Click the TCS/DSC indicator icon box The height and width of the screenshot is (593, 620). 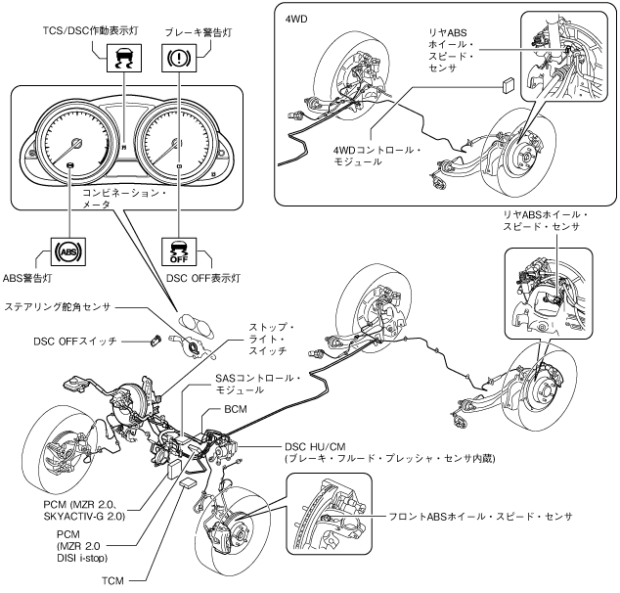pyautogui.click(x=124, y=58)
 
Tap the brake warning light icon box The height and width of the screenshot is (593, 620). pyautogui.click(x=179, y=58)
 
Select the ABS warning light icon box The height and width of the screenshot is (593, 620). pyautogui.click(x=68, y=251)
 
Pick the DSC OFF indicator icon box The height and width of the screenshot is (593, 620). pyautogui.click(x=179, y=251)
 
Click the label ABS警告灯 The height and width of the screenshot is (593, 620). pyautogui.click(x=27, y=279)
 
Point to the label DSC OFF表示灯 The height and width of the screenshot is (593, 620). pyautogui.click(x=203, y=279)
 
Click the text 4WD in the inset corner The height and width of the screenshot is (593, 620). pyautogui.click(x=296, y=19)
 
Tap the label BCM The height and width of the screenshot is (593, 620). pyautogui.click(x=236, y=409)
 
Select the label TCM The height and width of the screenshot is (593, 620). pyautogui.click(x=113, y=580)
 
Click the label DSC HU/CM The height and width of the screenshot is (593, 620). pyautogui.click(x=315, y=447)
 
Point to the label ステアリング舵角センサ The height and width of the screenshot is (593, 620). pyautogui.click(x=58, y=307)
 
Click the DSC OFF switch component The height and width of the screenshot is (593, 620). pyautogui.click(x=155, y=341)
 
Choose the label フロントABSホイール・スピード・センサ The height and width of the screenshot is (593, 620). pyautogui.click(x=480, y=517)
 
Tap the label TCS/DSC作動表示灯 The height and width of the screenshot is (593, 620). pyautogui.click(x=91, y=30)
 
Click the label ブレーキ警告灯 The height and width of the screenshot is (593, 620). pyautogui.click(x=199, y=32)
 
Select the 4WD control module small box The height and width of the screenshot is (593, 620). pyautogui.click(x=509, y=85)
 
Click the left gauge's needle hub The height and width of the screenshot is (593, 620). pyautogui.click(x=75, y=143)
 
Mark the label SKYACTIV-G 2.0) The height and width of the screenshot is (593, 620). pyautogui.click(x=84, y=517)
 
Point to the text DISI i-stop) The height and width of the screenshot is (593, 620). pyautogui.click(x=82, y=558)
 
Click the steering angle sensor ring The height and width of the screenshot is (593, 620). pyautogui.click(x=194, y=348)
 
